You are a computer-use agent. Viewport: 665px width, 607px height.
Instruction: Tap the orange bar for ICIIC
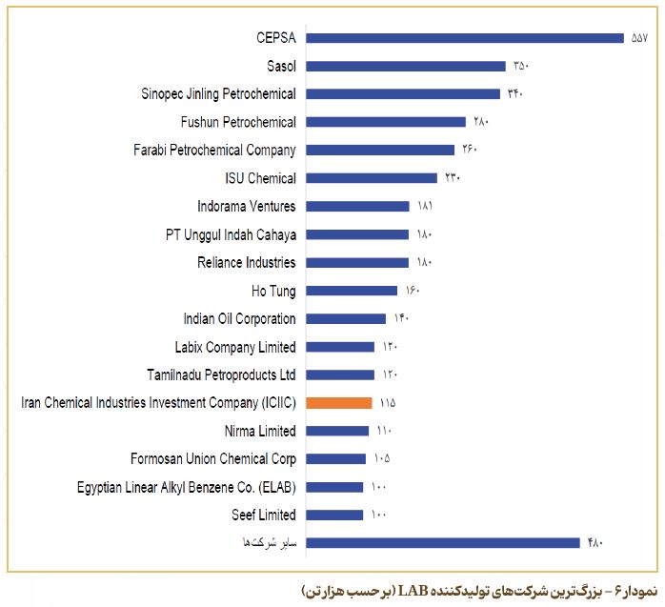point(339,403)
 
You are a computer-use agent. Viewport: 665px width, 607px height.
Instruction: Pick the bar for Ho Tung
point(352,291)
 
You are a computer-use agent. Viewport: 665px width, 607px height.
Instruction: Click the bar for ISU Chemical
point(372,178)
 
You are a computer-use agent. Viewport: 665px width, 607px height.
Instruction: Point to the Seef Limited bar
point(335,516)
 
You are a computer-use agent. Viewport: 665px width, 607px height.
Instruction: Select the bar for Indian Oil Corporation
point(346,319)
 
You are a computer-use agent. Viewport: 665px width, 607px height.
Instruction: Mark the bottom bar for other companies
point(443,543)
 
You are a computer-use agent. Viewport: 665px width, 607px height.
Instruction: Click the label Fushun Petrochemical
point(238,122)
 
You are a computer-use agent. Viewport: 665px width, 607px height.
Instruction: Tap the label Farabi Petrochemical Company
point(215,150)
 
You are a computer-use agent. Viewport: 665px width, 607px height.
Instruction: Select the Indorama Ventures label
point(247,206)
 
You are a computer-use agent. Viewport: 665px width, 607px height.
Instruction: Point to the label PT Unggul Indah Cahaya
point(231,234)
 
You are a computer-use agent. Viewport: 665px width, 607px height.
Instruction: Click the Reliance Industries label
point(247,262)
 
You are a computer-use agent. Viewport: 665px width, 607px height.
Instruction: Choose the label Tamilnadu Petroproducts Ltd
point(222,374)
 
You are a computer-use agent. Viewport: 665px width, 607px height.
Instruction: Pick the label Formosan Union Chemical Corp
point(213,459)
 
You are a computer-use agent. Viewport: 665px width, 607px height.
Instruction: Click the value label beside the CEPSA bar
point(639,38)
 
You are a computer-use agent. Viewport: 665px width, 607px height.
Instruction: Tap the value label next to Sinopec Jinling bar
point(514,94)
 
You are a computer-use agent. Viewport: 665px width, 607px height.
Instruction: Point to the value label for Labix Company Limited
point(390,347)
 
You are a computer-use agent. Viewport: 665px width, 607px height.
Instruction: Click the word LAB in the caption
point(411,591)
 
